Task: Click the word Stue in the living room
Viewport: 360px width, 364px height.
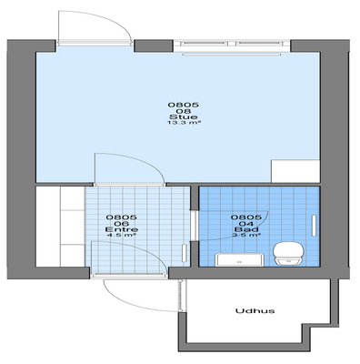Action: [x=184, y=117]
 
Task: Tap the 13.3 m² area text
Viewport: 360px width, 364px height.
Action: [x=184, y=123]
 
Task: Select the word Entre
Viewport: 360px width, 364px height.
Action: [x=122, y=229]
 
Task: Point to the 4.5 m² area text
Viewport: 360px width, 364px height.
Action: [x=121, y=235]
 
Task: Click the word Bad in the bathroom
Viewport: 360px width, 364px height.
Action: [x=246, y=229]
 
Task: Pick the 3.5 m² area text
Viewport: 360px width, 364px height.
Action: [x=246, y=235]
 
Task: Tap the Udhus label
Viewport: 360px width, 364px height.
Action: [x=255, y=311]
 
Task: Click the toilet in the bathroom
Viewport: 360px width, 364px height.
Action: [x=288, y=253]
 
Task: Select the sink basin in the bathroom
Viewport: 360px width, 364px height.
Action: [x=239, y=260]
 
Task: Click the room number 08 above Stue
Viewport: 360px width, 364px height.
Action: [x=184, y=111]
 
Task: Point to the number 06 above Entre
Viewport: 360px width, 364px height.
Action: [x=121, y=224]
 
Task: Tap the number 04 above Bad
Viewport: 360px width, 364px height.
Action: [x=246, y=224]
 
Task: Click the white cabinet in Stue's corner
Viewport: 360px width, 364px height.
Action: [x=295, y=171]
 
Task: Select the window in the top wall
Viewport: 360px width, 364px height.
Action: [x=232, y=44]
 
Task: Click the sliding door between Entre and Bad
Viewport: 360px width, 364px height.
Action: [x=195, y=226]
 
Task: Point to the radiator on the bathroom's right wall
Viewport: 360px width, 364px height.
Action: [x=314, y=226]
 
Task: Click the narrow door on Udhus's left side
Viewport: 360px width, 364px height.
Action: [x=181, y=296]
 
